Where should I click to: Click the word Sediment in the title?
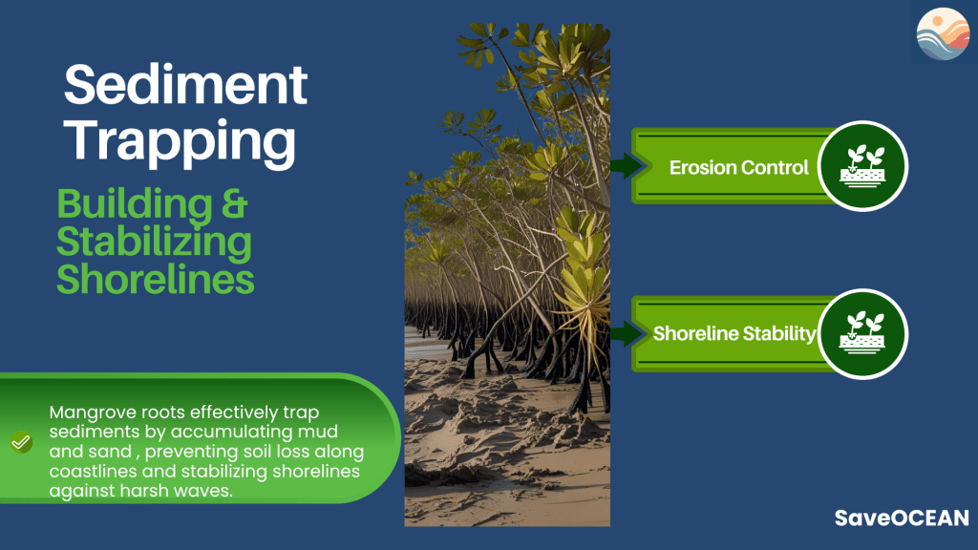tap(186, 84)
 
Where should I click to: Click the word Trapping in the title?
tap(180, 142)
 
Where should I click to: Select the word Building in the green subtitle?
tap(135, 204)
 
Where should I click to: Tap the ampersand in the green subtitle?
tap(235, 203)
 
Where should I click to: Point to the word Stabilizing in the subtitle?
tap(154, 242)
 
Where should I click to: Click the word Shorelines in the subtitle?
tap(156, 279)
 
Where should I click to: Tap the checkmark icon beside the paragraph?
tap(21, 442)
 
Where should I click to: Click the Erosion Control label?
tap(738, 167)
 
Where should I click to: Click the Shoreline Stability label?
tap(734, 333)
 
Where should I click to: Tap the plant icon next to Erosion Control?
tap(862, 166)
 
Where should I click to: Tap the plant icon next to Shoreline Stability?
tap(862, 333)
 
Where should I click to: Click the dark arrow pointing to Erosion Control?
tap(627, 165)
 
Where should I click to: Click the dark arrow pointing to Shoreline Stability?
tap(627, 333)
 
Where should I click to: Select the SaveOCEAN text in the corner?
tap(902, 518)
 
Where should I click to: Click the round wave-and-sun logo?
tap(943, 33)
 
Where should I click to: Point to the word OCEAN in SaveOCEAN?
tap(929, 518)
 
